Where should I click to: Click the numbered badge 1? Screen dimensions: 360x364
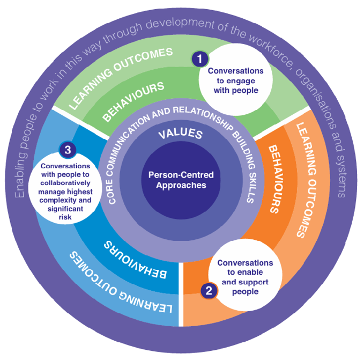pyautogui.click(x=199, y=57)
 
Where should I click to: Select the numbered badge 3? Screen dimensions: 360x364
pyautogui.click(x=68, y=150)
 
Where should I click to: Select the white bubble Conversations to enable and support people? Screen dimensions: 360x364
pyautogui.click(x=245, y=276)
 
